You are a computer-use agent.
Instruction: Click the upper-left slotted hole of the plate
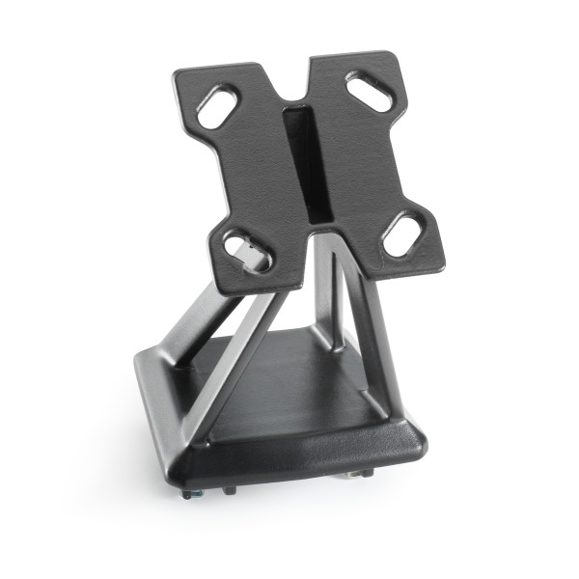(218, 107)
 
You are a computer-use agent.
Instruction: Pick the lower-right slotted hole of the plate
(402, 234)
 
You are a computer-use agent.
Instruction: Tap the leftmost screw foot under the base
(187, 493)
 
